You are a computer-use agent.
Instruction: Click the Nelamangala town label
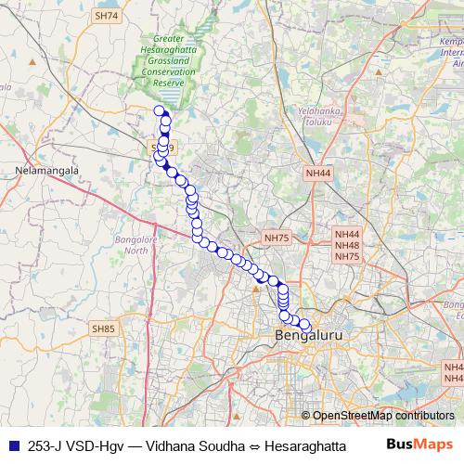tap(37, 171)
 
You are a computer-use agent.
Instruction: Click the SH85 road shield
tap(103, 328)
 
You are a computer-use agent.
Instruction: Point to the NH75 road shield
tap(277, 238)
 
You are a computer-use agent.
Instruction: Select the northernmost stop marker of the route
tap(158, 112)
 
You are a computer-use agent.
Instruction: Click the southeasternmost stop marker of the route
tap(304, 324)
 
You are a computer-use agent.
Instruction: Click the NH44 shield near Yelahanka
tap(317, 173)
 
